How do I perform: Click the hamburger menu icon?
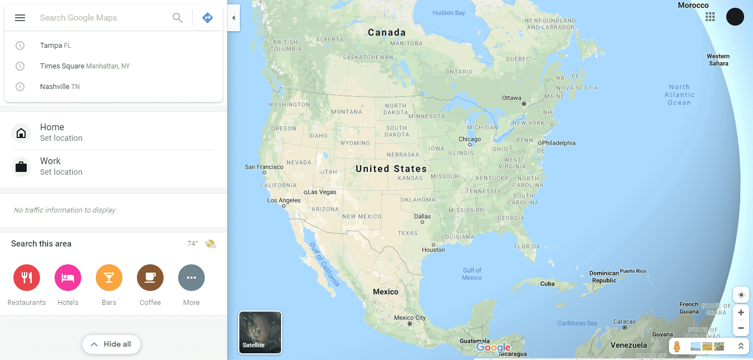tap(20, 18)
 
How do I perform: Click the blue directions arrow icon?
tap(208, 18)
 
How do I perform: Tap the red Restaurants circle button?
tap(27, 278)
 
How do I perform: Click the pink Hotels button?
tap(68, 278)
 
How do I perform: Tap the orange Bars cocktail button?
tap(109, 278)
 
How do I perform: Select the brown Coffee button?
tap(150, 278)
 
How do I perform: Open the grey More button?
tap(191, 278)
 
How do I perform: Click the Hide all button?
tap(111, 344)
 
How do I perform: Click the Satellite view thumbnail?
tap(260, 332)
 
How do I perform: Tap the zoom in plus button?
tap(741, 313)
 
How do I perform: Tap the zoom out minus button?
tap(741, 328)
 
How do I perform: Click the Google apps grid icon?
tap(710, 17)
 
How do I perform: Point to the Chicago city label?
tap(470, 140)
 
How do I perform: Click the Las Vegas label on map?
tap(322, 192)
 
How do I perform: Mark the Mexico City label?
tap(410, 318)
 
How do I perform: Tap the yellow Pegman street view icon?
tap(677, 346)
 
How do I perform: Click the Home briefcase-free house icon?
tap(21, 134)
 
